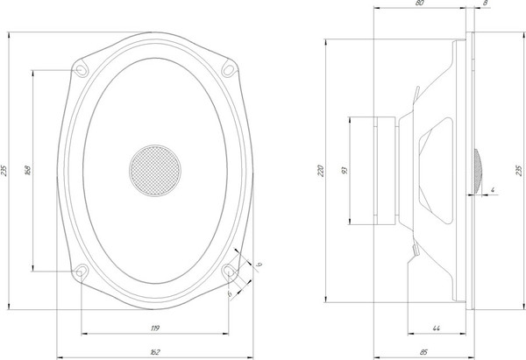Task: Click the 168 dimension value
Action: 27,169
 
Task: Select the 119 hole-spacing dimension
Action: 155,328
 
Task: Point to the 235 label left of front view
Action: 5,169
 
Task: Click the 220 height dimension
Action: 321,169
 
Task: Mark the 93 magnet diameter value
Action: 345,169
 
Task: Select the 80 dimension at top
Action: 420,5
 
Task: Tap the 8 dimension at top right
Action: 485,5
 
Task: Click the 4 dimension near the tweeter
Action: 494,189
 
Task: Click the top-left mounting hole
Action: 81,69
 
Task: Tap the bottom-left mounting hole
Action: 81,272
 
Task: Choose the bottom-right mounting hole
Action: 230,272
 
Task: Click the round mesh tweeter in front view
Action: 155,169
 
